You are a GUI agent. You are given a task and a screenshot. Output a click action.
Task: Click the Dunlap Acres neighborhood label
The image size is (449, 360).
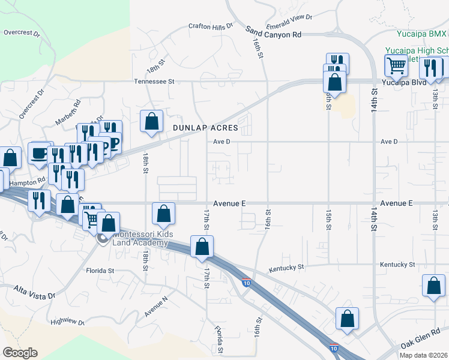tap(205, 128)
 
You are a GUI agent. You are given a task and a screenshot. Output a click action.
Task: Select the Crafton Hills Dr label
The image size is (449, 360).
tap(210, 26)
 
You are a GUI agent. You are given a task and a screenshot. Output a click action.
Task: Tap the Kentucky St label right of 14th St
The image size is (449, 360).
tap(397, 265)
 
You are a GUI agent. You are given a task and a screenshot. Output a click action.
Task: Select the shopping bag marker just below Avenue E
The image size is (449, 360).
tap(163, 212)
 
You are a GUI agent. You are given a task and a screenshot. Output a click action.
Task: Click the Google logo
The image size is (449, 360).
tap(20, 353)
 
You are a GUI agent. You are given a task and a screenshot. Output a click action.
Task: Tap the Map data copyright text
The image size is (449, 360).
tap(424, 355)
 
